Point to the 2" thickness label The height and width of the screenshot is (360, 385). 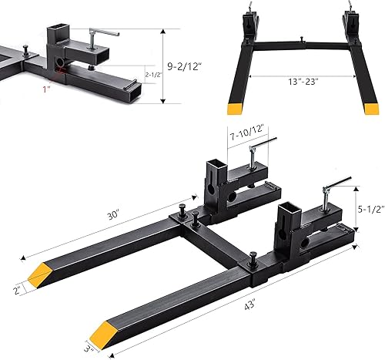click(18, 289)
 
